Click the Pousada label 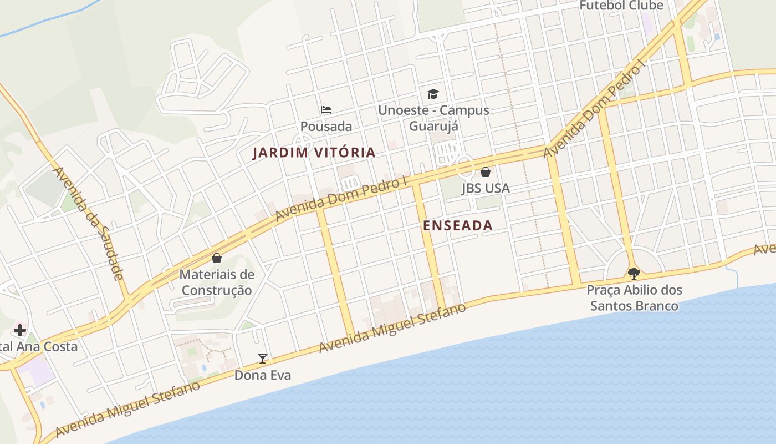pos(326,127)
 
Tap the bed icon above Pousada pos(326,110)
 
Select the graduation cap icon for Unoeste pos(433,94)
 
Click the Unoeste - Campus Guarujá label pos(433,118)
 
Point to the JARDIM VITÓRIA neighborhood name pos(314,153)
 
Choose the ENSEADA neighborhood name pos(457,225)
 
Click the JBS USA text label pos(486,189)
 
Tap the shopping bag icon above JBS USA pos(486,172)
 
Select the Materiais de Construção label pos(217,282)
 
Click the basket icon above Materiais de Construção pos(217,258)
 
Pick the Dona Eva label pos(263,375)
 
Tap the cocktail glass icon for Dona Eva pos(263,359)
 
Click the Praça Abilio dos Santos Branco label pos(634,298)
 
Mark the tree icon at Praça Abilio pos(634,273)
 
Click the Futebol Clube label pos(621,6)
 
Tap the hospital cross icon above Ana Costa pos(20,331)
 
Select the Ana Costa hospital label pos(39,347)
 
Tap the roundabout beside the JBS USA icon pos(464,166)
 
